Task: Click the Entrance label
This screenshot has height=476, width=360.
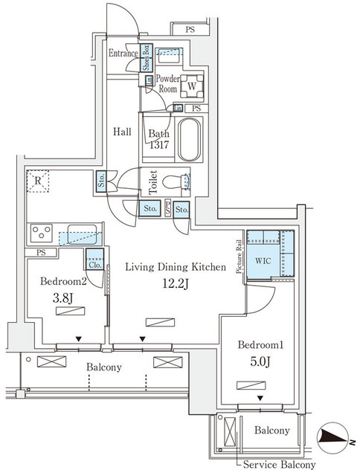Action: pos(123,54)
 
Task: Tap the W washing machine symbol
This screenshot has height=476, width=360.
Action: pos(191,86)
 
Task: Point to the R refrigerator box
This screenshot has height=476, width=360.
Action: pos(37,181)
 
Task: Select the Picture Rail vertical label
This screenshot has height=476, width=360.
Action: pos(239,257)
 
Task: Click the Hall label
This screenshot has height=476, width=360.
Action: pos(122,132)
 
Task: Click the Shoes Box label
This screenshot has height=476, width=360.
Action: pos(147,57)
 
